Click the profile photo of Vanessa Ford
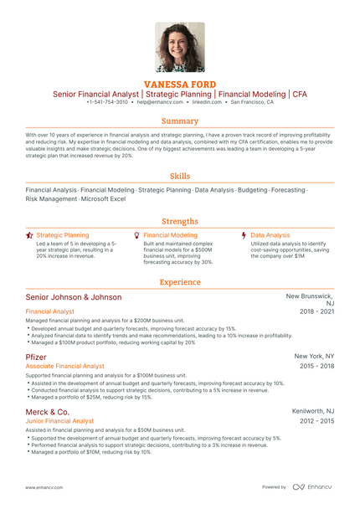click(180, 47)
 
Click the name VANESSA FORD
click(180, 85)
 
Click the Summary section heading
click(180, 121)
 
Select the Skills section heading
click(180, 177)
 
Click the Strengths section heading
click(180, 221)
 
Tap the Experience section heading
click(180, 282)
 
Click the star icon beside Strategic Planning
click(29, 236)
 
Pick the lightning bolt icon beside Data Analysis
click(244, 236)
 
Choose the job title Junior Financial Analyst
click(60, 421)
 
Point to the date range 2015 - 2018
click(317, 366)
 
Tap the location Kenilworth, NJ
click(313, 411)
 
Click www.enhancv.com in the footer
click(41, 486)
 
